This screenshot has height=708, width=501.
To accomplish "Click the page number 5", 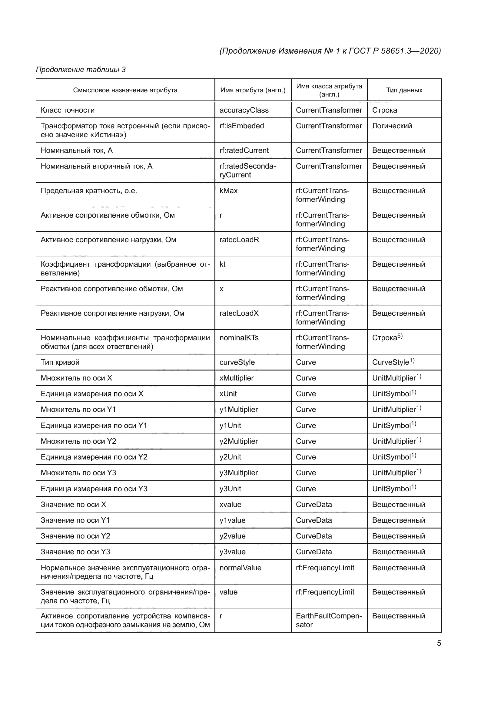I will pyautogui.click(x=439, y=643).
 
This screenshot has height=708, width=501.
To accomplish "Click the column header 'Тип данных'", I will pyautogui.click(x=404, y=90).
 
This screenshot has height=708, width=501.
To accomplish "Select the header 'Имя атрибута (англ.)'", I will pyautogui.click(x=253, y=90).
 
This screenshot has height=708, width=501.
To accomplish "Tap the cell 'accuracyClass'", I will pyautogui.click(x=244, y=110).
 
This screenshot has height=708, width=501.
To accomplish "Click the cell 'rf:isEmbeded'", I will pyautogui.click(x=241, y=126).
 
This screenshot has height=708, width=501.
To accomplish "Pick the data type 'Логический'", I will pyautogui.click(x=392, y=126).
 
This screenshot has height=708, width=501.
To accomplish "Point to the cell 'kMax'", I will pyautogui.click(x=228, y=191).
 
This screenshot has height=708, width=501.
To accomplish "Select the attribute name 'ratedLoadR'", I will pyautogui.click(x=239, y=240).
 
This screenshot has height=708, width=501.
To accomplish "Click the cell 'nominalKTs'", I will pyautogui.click(x=239, y=338).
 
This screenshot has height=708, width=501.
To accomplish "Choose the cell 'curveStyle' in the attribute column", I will pyautogui.click(x=237, y=362).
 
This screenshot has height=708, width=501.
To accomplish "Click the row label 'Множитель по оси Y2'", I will pyautogui.click(x=78, y=441).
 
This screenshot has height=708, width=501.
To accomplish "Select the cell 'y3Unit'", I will pyautogui.click(x=230, y=489).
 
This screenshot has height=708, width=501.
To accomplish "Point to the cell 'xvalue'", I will pyautogui.click(x=230, y=504).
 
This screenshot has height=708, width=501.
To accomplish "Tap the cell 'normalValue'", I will pyautogui.click(x=240, y=568).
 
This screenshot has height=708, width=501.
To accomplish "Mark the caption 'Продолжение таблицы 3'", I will pyautogui.click(x=81, y=69).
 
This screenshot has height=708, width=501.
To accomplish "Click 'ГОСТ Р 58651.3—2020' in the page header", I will pyautogui.click(x=395, y=51).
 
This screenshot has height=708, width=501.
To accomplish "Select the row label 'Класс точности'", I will pyautogui.click(x=68, y=110).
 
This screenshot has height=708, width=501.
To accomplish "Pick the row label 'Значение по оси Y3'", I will pyautogui.click(x=75, y=552).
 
